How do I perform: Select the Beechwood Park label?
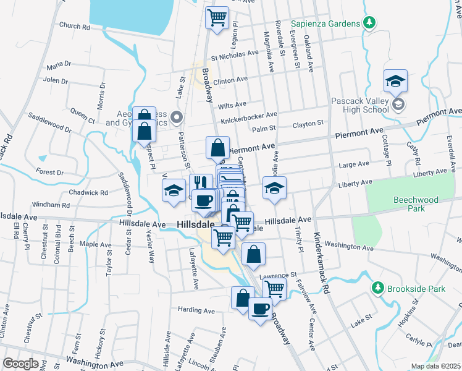click(x=416, y=204)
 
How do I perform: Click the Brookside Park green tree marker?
click(x=378, y=288)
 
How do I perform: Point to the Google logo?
click(x=20, y=364)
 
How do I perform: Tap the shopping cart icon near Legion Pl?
click(x=217, y=17)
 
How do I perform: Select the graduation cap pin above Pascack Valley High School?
click(x=395, y=80)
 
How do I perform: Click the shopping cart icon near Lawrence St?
click(x=274, y=288)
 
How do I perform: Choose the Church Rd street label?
click(x=75, y=27)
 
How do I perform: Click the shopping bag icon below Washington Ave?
click(x=254, y=253)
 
